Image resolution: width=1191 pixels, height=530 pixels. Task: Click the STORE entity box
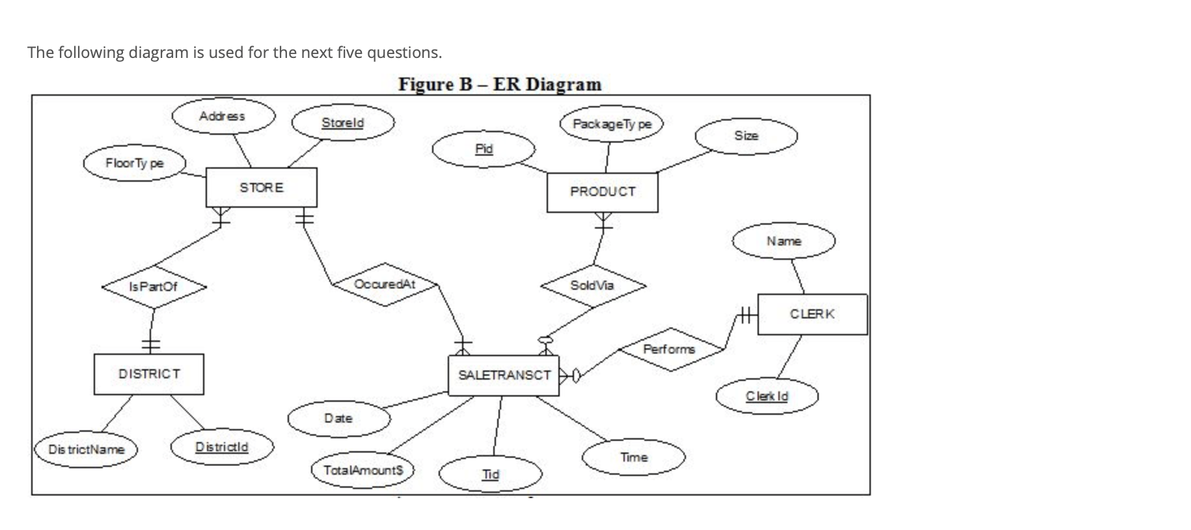(x=261, y=188)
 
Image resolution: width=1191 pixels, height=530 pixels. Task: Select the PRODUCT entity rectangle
(x=602, y=192)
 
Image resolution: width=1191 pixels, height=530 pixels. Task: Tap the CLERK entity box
(x=812, y=314)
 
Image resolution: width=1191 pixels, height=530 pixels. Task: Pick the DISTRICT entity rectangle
(x=148, y=374)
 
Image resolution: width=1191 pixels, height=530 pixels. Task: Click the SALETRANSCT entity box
(x=503, y=376)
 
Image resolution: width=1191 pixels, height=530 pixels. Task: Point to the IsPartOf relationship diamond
(x=153, y=286)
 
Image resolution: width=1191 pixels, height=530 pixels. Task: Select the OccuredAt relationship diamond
(x=385, y=285)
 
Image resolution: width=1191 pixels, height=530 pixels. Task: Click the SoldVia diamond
(x=592, y=285)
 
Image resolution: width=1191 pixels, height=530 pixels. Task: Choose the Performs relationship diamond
(x=670, y=350)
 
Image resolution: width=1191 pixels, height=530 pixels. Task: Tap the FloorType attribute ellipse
(x=135, y=163)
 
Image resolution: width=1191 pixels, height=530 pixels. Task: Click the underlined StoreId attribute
(x=343, y=123)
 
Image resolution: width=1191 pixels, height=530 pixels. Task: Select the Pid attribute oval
(x=484, y=149)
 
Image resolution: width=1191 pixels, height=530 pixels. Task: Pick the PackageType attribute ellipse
(x=611, y=124)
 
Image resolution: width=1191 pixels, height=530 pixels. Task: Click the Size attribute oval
(x=746, y=136)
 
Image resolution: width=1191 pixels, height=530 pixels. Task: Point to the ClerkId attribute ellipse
(x=767, y=396)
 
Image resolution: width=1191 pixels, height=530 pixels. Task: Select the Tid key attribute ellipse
(x=490, y=475)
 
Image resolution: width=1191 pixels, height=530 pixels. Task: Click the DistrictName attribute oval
(x=86, y=450)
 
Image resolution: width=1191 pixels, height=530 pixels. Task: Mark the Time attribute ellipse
(x=633, y=458)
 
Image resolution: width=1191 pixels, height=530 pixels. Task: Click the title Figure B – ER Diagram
(x=500, y=85)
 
